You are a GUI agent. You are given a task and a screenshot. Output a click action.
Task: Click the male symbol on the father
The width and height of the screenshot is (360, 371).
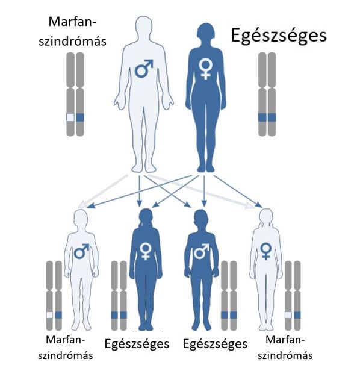point(143,69)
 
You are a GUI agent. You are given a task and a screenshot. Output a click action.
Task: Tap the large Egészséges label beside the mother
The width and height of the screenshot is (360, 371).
point(279,36)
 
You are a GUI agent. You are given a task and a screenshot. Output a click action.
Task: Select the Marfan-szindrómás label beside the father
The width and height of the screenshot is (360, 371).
point(73,31)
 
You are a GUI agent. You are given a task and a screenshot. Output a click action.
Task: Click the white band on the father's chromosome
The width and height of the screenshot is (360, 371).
point(70,117)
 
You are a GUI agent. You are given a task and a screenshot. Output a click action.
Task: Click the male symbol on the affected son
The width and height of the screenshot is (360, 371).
point(82,251)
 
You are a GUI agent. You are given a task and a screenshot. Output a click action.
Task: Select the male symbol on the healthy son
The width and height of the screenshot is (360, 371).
point(202,251)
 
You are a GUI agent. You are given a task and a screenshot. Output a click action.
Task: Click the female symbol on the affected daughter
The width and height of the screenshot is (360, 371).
point(266,251)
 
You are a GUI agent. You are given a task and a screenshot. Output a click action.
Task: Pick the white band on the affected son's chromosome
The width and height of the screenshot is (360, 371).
point(49,315)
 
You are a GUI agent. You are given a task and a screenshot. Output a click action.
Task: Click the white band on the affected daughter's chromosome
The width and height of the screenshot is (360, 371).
point(288,315)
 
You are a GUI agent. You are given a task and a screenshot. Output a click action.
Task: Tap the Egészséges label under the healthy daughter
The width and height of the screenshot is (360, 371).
point(137,344)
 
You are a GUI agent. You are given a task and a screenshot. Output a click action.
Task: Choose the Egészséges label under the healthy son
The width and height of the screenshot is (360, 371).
point(215,344)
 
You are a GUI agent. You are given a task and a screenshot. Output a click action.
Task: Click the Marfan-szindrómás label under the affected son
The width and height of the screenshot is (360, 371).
point(66,348)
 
